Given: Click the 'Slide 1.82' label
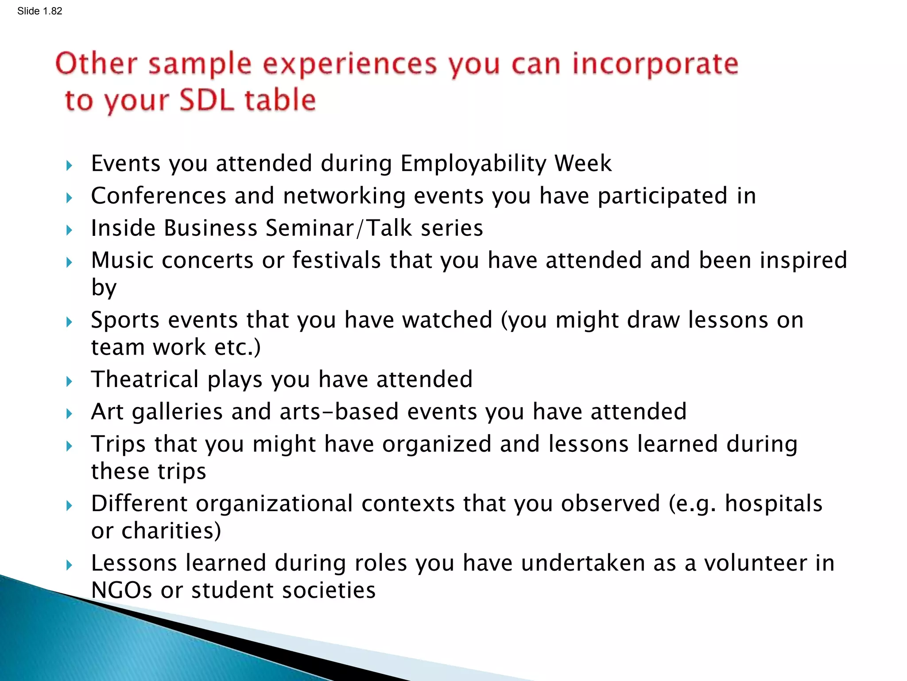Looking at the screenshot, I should (39, 11).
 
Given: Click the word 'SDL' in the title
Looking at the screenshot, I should (206, 100).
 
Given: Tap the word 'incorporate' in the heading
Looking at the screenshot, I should (655, 64).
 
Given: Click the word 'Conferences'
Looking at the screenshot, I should (159, 196).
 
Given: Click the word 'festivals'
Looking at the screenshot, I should (337, 260).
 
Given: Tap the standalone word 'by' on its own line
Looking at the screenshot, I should (104, 288).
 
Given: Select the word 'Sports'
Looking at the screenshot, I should (125, 320).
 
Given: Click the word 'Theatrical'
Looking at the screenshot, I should (145, 380).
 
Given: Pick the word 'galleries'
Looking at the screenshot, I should (177, 412).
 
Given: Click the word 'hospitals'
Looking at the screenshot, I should (773, 504).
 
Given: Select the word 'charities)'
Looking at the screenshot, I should (171, 531).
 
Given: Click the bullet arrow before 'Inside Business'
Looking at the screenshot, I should (69, 230).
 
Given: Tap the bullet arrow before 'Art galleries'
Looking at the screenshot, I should (69, 414).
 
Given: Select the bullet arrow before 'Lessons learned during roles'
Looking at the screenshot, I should (69, 565).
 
